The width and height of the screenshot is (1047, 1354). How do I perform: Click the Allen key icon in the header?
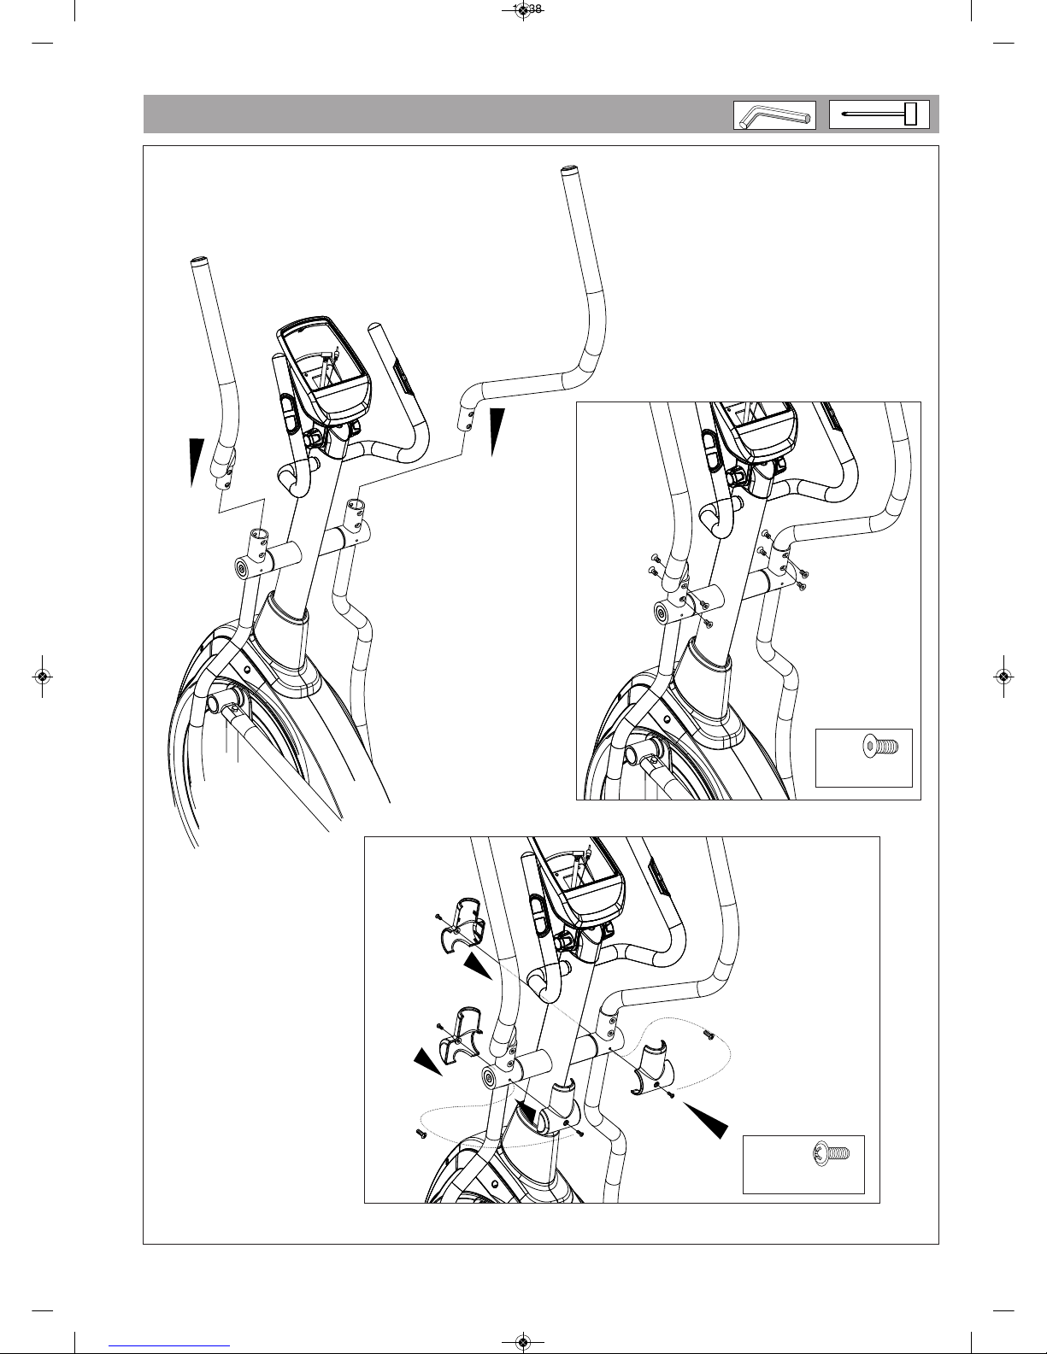tap(773, 115)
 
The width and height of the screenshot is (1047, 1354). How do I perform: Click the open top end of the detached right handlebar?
tap(568, 171)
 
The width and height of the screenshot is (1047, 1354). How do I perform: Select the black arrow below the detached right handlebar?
tap(497, 432)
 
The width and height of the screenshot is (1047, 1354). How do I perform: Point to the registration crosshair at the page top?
tap(523, 11)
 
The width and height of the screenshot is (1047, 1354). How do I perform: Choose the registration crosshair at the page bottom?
tap(523, 1342)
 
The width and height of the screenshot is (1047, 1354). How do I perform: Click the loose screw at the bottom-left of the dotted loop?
tap(421, 1133)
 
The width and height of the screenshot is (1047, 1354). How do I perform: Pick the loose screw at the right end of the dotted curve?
tap(709, 1035)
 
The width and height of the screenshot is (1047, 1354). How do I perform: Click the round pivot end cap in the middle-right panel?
tap(662, 613)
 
